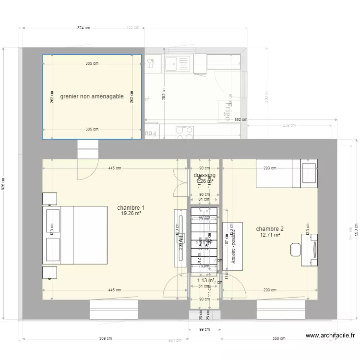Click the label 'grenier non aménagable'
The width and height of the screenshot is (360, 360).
coord(92,96)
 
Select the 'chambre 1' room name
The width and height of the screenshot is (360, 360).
coord(131,208)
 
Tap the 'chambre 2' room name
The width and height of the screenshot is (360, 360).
coord(270,229)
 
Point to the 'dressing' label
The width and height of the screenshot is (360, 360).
coord(204,175)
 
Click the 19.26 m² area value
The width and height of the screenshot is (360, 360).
coord(131,214)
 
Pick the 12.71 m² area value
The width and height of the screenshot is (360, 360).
coord(270,235)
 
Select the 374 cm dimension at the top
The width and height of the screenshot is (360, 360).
coord(84,28)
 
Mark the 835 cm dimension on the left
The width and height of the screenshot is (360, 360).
coord(4,184)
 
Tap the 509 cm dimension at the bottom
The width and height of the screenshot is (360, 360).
coord(105,338)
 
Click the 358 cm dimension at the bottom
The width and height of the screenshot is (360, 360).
coord(279,338)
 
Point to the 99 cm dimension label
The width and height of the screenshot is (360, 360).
coord(205,329)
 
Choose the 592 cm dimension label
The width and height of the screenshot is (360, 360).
coord(241,120)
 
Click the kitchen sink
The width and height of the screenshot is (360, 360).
coord(177,63)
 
